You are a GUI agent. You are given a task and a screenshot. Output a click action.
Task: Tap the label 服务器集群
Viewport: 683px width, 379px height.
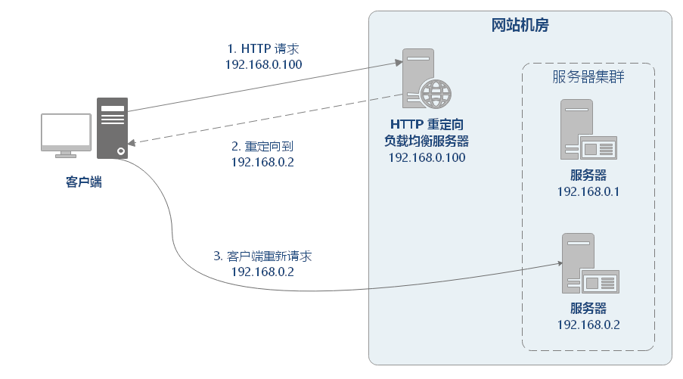tap(588, 78)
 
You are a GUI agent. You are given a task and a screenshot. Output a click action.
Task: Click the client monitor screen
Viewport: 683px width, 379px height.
tap(67, 131)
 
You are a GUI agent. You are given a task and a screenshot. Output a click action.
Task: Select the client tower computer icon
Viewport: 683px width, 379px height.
tap(112, 128)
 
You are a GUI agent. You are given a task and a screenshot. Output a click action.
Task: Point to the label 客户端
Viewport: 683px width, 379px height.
tap(83, 182)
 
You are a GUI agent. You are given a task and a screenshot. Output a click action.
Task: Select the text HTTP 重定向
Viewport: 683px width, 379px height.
tap(427, 125)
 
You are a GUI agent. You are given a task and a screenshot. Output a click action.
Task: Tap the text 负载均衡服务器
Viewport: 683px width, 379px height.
tap(427, 141)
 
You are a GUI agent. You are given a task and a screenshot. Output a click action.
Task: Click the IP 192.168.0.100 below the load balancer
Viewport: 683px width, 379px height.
tap(427, 157)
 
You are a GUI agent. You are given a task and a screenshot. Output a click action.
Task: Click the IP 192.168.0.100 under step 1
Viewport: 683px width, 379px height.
tap(263, 65)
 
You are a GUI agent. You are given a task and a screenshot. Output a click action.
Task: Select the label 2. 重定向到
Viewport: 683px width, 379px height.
tap(262, 146)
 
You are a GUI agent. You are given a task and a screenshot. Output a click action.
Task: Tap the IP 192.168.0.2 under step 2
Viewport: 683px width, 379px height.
tap(262, 162)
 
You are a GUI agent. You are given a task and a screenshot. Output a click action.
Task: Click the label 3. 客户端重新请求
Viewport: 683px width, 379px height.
tap(262, 256)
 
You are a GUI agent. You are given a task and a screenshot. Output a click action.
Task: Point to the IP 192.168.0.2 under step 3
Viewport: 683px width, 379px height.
tap(262, 272)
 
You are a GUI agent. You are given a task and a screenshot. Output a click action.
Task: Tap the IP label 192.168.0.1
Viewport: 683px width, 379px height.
tap(588, 191)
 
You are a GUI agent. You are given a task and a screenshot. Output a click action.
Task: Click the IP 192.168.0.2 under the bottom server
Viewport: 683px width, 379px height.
tap(588, 325)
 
